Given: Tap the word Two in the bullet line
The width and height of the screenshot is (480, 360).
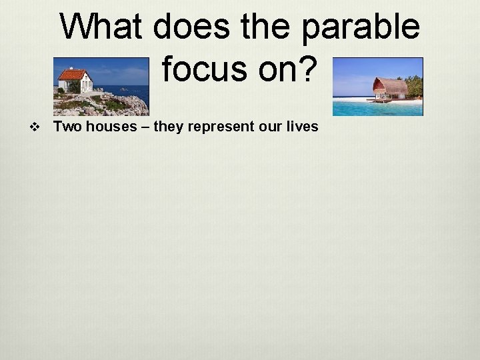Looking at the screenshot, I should click(65, 127).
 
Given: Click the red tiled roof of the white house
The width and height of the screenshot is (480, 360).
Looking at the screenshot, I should click(73, 75).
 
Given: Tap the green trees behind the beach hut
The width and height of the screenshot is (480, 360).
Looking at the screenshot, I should click(414, 85).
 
